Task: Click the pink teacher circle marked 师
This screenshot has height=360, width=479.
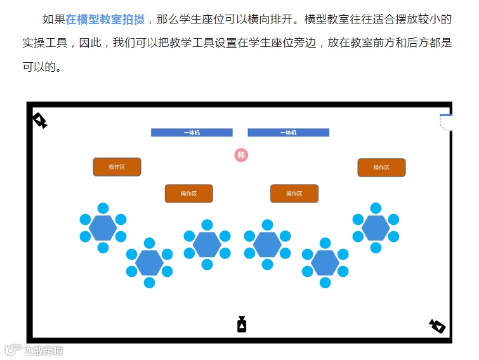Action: [241, 155]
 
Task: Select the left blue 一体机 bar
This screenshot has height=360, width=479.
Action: [192, 133]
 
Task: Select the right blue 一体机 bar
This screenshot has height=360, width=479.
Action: [288, 133]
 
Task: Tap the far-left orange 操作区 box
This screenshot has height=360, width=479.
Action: [117, 167]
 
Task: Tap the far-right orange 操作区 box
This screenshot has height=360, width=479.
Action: [381, 168]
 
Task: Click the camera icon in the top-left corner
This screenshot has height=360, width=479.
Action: [40, 120]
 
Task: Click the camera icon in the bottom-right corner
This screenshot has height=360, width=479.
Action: [437, 326]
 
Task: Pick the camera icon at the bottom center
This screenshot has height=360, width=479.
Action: [242, 324]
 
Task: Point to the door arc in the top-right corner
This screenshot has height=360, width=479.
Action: [446, 122]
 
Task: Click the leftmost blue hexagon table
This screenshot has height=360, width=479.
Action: [103, 228]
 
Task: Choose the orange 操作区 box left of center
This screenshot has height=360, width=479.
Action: [189, 194]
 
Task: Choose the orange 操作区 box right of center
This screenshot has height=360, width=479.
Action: [294, 194]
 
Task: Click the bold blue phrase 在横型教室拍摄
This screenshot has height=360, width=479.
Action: [105, 20]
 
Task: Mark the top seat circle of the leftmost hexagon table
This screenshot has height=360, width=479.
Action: [103, 208]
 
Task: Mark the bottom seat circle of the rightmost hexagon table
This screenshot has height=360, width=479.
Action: [376, 248]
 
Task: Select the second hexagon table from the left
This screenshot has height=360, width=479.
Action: [149, 263]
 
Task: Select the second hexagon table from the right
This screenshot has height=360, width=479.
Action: [325, 263]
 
